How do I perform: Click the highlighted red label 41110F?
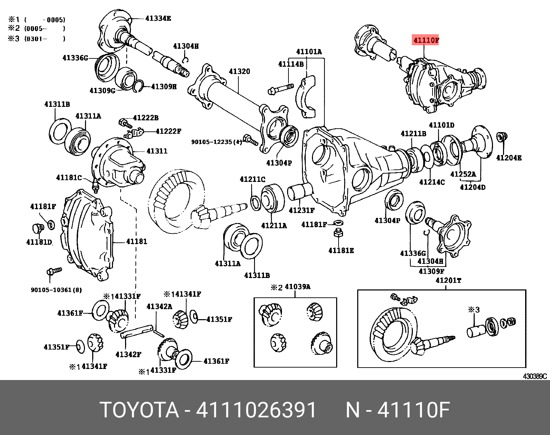tap(426, 40)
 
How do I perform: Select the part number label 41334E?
tap(158, 18)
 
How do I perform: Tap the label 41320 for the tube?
tap(239, 71)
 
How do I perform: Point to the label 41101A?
tap(309, 52)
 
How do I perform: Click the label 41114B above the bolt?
tap(291, 64)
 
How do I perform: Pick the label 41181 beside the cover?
tap(136, 241)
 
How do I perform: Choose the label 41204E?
tap(509, 158)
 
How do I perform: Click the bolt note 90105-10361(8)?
tap(56, 290)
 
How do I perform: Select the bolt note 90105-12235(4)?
tap(217, 142)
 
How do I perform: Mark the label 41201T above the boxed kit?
tap(448, 280)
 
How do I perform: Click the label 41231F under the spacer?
tap(302, 210)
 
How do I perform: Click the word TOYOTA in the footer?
tap(140, 410)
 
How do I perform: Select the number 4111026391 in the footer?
tap(256, 410)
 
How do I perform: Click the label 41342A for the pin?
tap(159, 306)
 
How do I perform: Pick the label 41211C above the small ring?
tap(253, 179)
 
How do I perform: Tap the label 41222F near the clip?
tap(168, 131)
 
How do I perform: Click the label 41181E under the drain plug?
tap(341, 250)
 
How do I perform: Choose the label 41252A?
tap(463, 174)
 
